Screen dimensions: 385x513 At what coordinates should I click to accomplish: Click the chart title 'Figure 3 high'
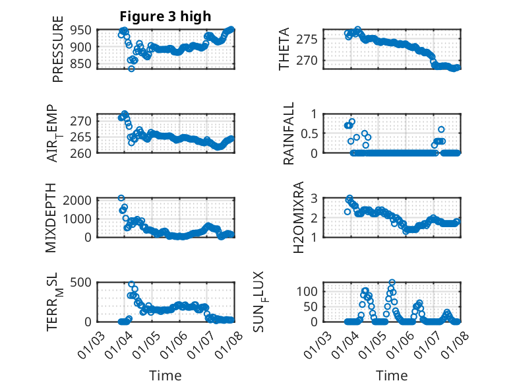(x=165, y=17)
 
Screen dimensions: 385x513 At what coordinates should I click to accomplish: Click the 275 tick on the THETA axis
(x=311, y=38)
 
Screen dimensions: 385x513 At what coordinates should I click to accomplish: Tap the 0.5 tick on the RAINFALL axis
(x=313, y=133)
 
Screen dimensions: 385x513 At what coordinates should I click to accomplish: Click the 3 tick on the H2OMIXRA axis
(x=315, y=198)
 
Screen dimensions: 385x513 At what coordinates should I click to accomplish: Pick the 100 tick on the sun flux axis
(x=311, y=291)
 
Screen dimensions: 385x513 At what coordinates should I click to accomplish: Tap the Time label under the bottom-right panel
(x=392, y=375)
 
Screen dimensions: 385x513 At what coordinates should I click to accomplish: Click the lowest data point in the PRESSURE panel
(x=131, y=69)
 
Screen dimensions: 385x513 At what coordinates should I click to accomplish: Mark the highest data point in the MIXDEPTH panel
(x=121, y=198)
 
